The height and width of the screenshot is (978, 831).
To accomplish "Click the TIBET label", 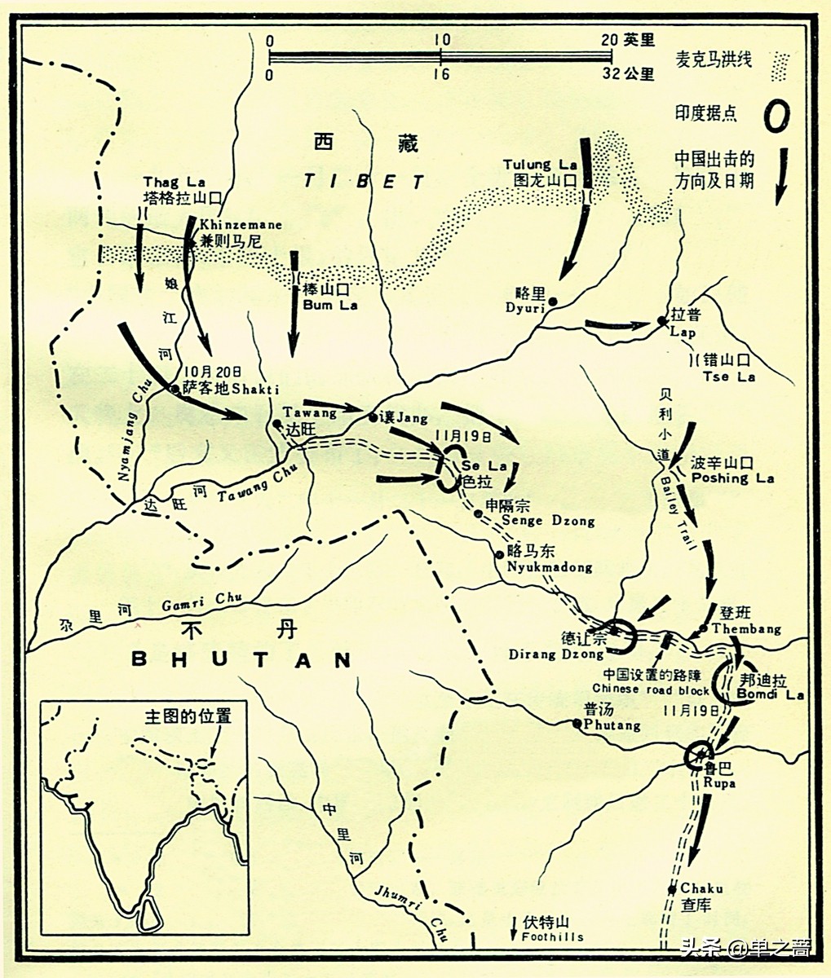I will tap(365, 181).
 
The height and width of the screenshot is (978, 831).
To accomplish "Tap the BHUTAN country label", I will tap(241, 659).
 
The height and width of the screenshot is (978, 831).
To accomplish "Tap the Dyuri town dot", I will tap(552, 302).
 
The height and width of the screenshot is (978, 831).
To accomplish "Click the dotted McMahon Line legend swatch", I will tap(780, 64).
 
